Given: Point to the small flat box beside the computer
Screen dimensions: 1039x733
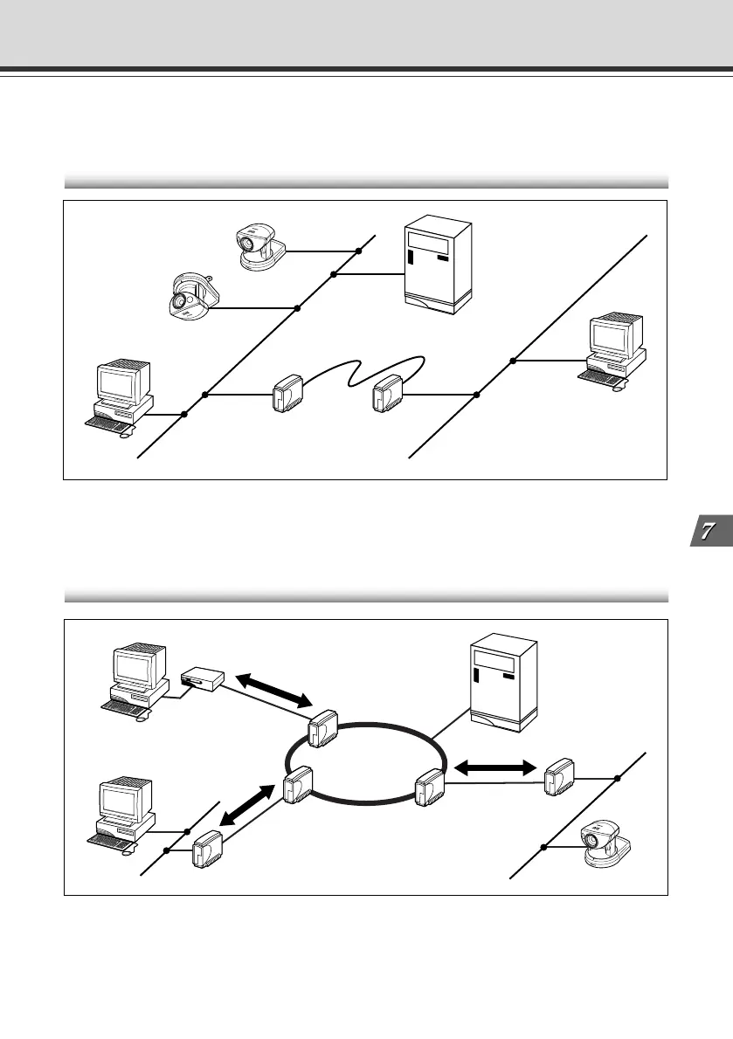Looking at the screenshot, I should pos(203,678).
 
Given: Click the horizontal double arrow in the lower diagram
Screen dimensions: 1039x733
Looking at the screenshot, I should pos(494,767).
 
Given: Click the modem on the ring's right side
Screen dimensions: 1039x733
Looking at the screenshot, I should pos(430,787).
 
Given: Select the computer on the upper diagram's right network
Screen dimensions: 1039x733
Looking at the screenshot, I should pos(614,350).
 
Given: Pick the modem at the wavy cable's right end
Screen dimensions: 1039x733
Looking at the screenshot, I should pos(386,395).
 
